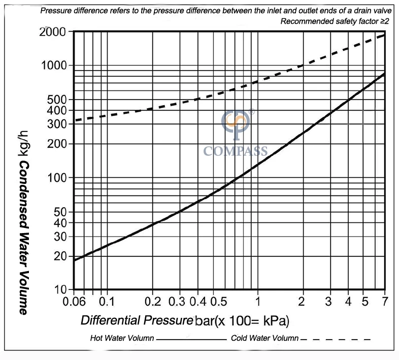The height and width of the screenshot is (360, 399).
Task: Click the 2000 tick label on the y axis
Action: pyautogui.click(x=54, y=32)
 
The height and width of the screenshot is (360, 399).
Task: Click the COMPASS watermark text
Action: pyautogui.click(x=235, y=151)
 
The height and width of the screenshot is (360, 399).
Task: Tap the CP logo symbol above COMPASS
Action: pyautogui.click(x=236, y=122)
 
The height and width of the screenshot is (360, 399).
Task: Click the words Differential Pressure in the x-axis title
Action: pyautogui.click(x=137, y=320)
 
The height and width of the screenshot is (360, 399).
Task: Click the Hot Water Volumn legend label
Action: pyautogui.click(x=122, y=338)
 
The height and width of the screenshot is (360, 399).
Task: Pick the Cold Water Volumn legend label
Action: pyautogui.click(x=264, y=338)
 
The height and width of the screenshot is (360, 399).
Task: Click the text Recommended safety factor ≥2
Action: pyautogui.click(x=334, y=21)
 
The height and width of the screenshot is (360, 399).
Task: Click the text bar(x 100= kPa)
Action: pyautogui.click(x=242, y=320)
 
